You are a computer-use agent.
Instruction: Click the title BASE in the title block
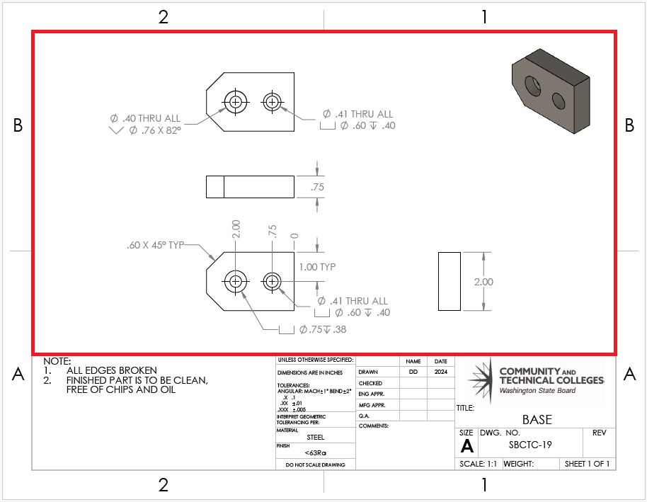click(536, 419)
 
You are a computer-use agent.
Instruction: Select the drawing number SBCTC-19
click(530, 445)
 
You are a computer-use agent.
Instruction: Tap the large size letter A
click(466, 445)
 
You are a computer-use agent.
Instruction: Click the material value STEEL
click(315, 438)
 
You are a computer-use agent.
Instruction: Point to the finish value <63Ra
click(315, 452)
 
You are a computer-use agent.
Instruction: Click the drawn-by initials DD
click(413, 372)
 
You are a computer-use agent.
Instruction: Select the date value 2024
click(440, 372)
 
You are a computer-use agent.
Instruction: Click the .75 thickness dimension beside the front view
click(318, 187)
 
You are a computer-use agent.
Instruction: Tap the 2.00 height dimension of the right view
click(483, 281)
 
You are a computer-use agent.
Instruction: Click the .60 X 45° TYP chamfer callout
click(155, 245)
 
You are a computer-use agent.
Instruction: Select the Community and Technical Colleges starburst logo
click(482, 380)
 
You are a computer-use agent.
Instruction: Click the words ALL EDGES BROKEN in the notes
click(112, 370)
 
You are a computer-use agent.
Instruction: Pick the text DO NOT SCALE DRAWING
click(315, 464)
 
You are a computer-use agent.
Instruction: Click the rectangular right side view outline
click(450, 281)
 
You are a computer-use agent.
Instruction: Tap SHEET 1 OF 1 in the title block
click(586, 464)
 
